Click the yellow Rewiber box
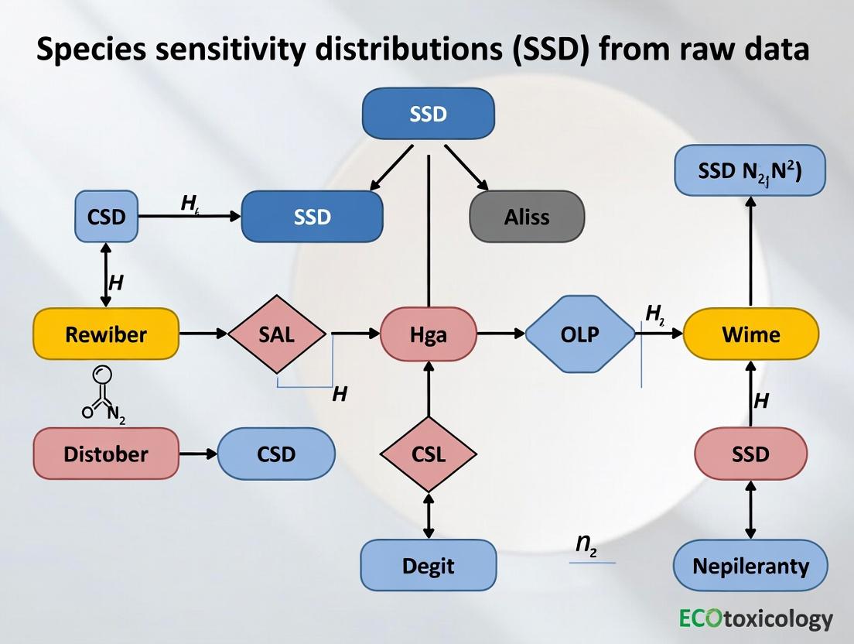tap(106, 334)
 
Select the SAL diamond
tap(279, 334)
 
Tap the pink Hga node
tap(429, 334)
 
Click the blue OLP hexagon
tap(579, 334)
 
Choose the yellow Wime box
tap(750, 334)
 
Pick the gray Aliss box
tap(527, 217)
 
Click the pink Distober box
tap(106, 453)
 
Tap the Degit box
tap(429, 566)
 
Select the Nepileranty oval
tap(750, 566)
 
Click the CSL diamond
tap(429, 454)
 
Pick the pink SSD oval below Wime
tap(750, 454)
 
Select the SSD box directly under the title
tap(428, 114)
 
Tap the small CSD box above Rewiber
tap(106, 217)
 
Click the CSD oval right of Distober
tap(276, 453)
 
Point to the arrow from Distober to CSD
tap(198, 453)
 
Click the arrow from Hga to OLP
tap(500, 334)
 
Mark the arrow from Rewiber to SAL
tap(203, 334)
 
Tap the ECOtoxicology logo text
tap(757, 618)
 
